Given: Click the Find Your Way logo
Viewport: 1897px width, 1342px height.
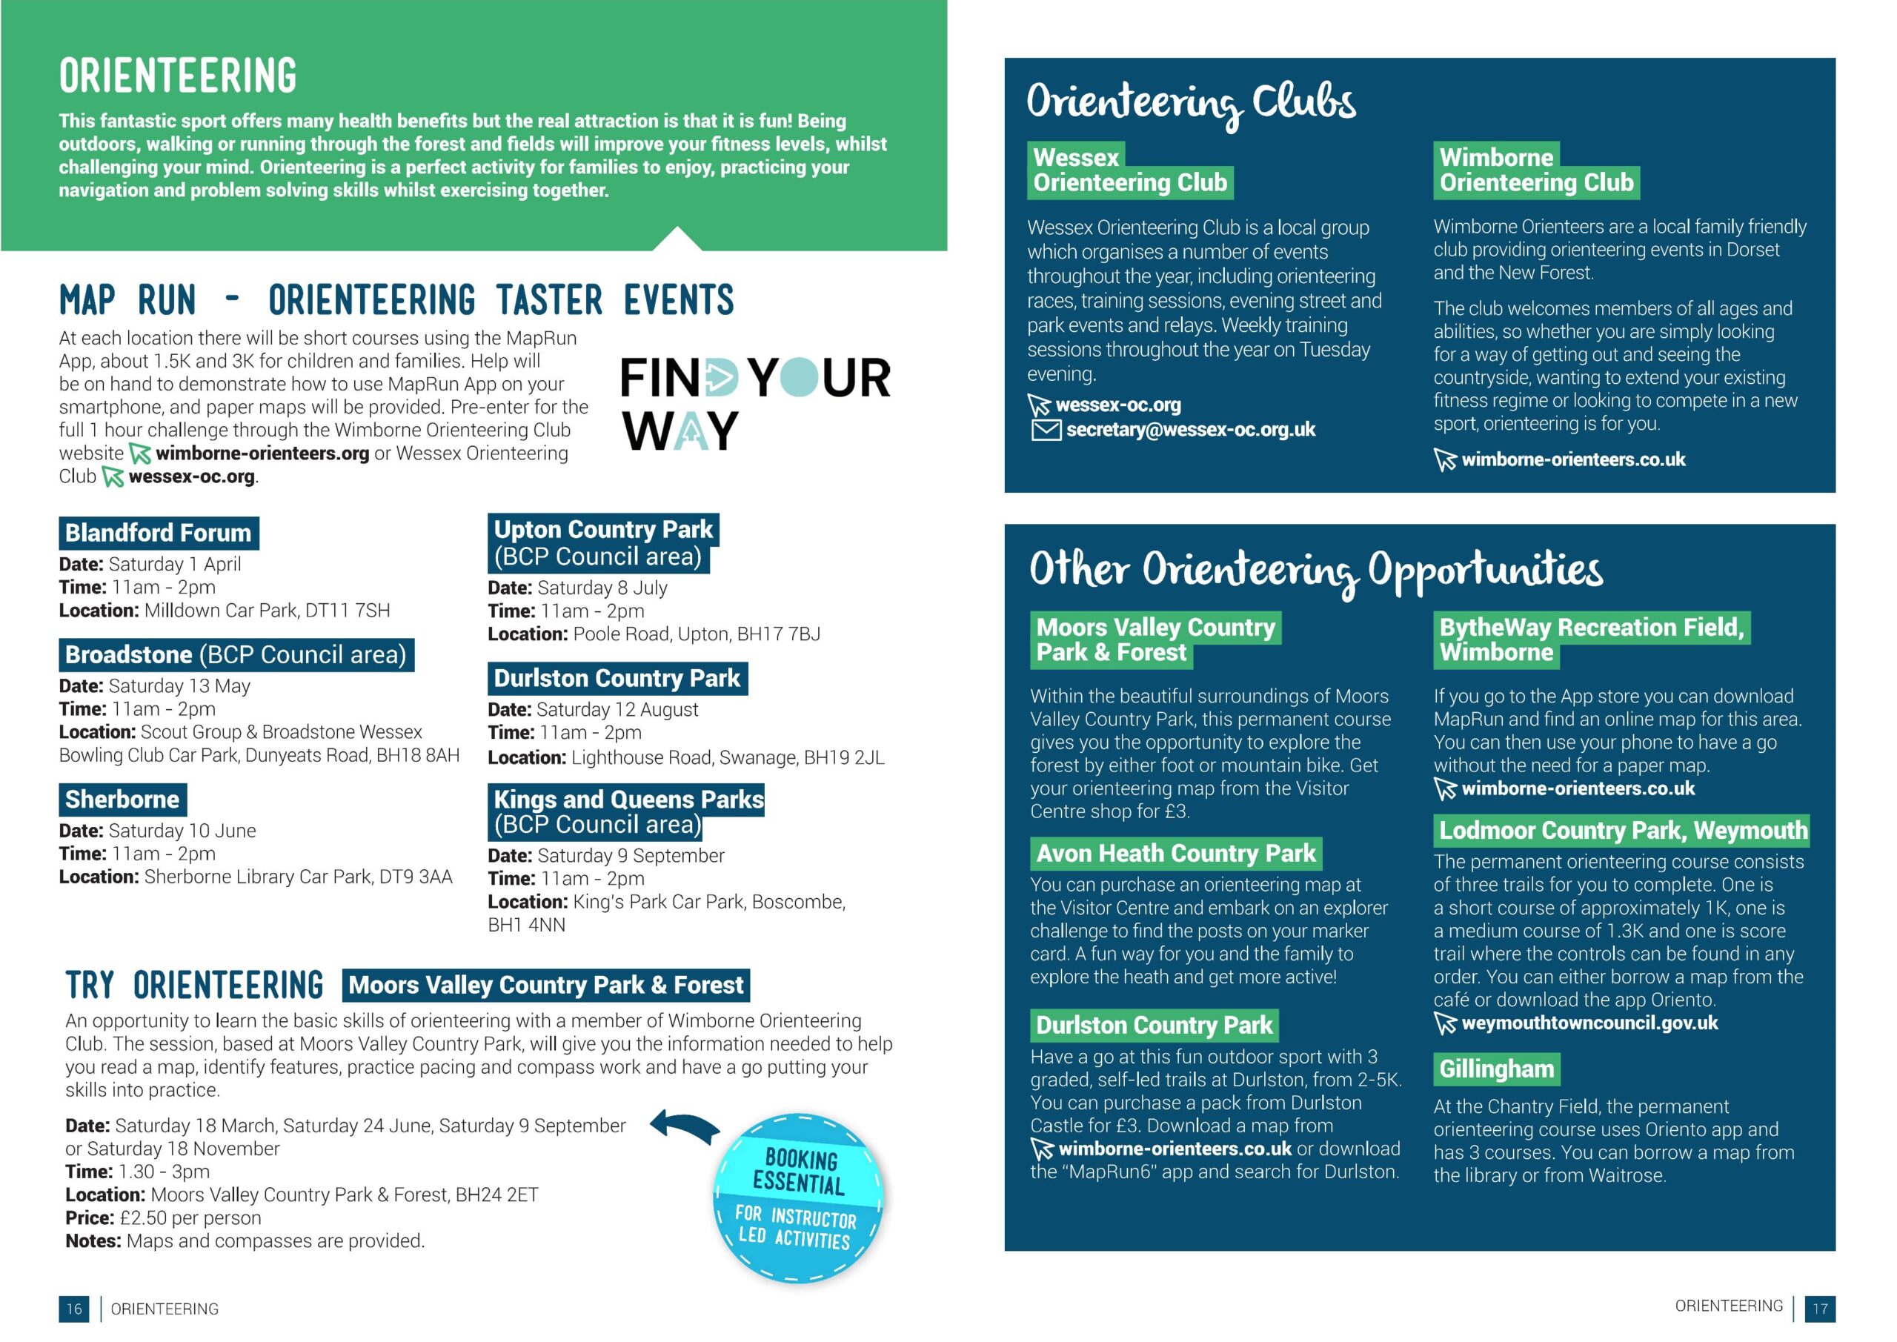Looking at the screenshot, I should pos(754,403).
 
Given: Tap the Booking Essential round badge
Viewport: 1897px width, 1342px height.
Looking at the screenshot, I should pos(798,1197).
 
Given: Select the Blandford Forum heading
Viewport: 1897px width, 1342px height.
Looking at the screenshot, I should pos(158,533).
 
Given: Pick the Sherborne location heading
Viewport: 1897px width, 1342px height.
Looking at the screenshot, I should pos(122,799).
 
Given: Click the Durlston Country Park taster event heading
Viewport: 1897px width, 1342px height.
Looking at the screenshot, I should pos(617,679).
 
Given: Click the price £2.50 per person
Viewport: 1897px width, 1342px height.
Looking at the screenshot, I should pos(190,1218).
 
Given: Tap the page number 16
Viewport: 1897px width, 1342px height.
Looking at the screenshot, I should pos(74,1309).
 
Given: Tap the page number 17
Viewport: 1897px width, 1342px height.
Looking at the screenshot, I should pos(1820,1309).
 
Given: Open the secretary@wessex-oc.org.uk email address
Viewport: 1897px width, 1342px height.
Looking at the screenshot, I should pos(1190,430).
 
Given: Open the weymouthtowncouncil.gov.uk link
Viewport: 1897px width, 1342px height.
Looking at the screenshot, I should pos(1589,1023).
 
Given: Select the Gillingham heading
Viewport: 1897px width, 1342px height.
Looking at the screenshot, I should pos(1496,1069).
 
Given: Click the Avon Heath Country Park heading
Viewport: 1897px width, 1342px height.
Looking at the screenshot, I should pos(1176,854).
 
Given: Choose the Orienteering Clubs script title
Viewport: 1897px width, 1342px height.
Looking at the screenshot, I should pos(1191,103).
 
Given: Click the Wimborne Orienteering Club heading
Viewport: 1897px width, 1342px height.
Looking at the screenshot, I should pos(1536,170).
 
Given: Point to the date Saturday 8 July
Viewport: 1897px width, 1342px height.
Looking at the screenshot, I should pos(602,588).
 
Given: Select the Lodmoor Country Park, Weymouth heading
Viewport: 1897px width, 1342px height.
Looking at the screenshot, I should pos(1623,831).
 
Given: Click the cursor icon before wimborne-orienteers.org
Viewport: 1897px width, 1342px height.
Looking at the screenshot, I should pos(141,454).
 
